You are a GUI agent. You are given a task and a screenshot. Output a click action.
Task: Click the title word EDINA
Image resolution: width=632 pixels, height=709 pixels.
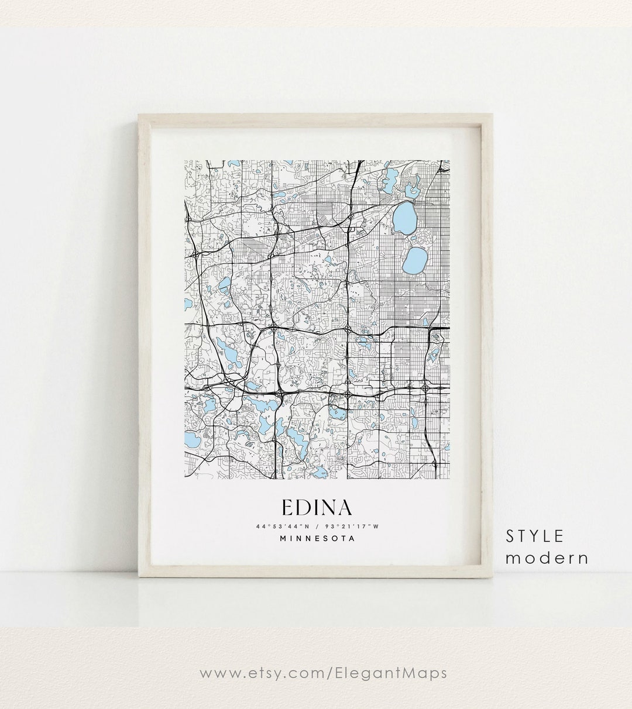317,508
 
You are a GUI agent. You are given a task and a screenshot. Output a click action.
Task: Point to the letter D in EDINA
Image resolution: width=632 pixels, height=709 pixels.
304,508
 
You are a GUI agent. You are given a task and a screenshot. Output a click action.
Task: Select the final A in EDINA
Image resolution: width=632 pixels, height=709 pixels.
344,508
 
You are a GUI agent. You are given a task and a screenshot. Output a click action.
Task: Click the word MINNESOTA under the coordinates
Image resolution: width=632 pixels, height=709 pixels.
317,539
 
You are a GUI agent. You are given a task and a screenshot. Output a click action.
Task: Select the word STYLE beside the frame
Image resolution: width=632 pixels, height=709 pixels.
535,536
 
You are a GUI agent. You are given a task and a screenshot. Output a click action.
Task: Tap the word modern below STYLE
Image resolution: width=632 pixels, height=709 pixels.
547,558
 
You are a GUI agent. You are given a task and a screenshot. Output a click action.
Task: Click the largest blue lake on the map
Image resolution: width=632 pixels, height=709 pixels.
404,217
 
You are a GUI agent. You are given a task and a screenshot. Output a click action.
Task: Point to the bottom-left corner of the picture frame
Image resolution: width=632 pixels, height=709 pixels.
139,578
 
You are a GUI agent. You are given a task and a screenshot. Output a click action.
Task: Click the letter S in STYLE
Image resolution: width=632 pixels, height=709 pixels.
511,536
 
